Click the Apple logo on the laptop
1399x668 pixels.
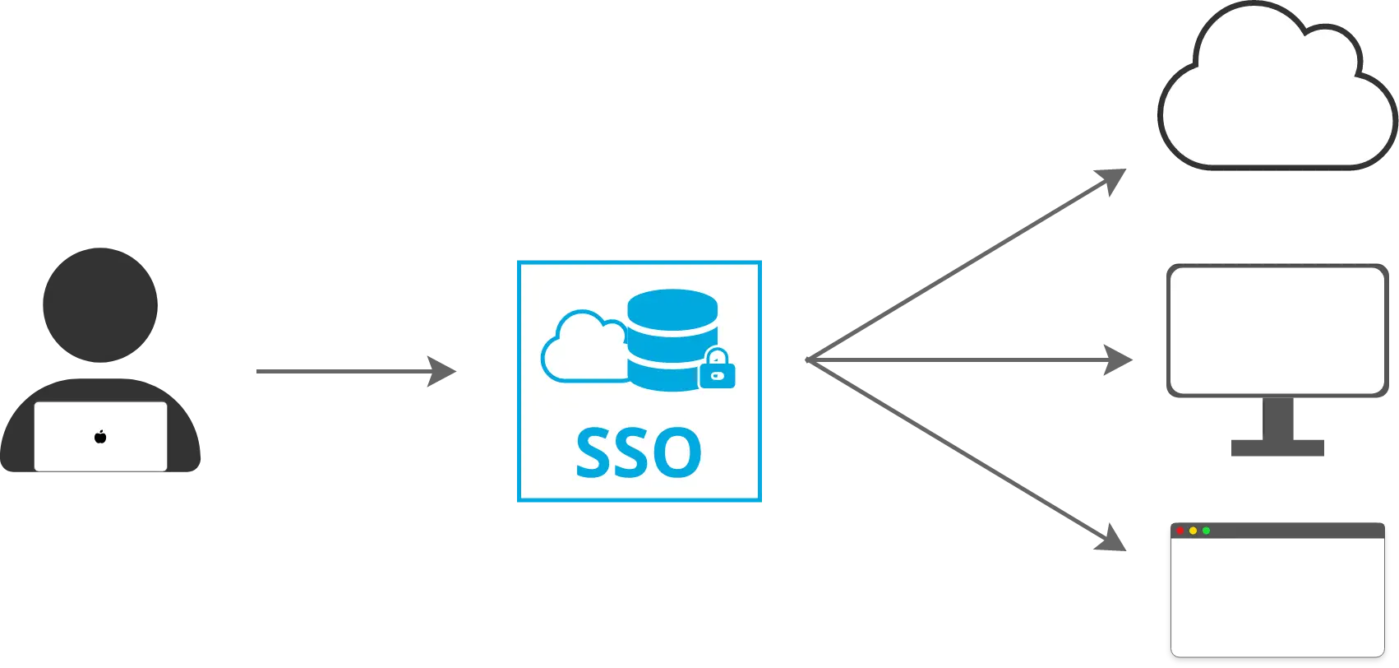tap(100, 436)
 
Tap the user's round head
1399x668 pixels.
tap(99, 305)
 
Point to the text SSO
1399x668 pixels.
tap(638, 452)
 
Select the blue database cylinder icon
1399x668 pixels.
tap(672, 337)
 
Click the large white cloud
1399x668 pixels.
tap(1277, 95)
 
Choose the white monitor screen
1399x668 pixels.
tap(1277, 329)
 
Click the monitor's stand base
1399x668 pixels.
tap(1278, 448)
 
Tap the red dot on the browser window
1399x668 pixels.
tap(1180, 531)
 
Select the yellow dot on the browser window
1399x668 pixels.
tap(1193, 531)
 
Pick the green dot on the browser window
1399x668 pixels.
tap(1206, 531)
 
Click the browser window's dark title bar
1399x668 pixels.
tap(1299, 531)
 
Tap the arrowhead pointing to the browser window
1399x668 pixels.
tap(1110, 538)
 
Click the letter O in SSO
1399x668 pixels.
tap(676, 452)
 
